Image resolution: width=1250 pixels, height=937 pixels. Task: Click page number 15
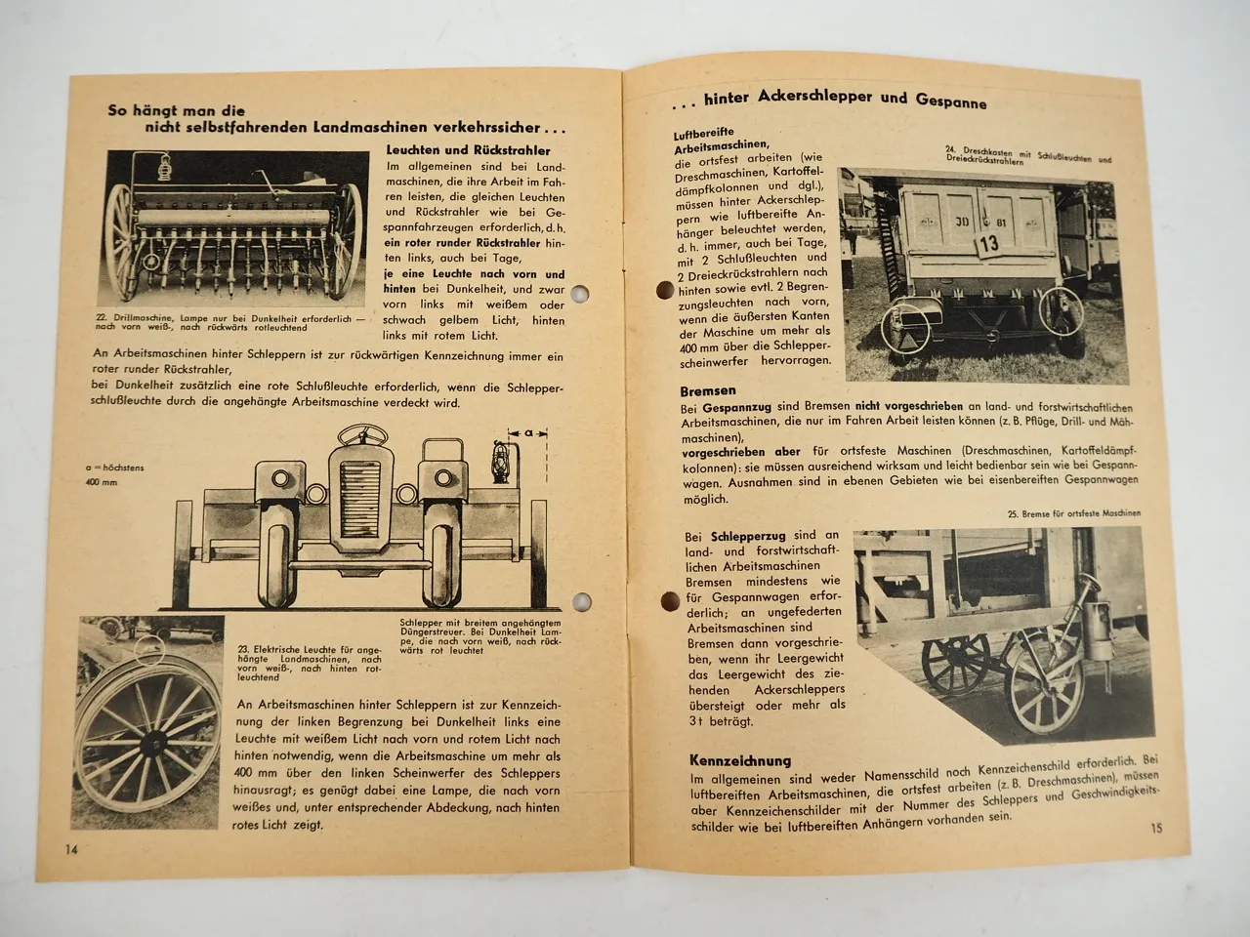point(1155,829)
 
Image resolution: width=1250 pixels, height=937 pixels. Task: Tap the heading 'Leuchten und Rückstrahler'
point(468,150)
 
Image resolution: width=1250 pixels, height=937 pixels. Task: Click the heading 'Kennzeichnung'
point(739,760)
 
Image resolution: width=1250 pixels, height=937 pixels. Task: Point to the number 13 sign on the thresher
point(987,244)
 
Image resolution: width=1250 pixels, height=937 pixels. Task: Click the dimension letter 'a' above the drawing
point(527,430)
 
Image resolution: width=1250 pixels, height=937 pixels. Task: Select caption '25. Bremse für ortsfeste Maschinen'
point(1073,513)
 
